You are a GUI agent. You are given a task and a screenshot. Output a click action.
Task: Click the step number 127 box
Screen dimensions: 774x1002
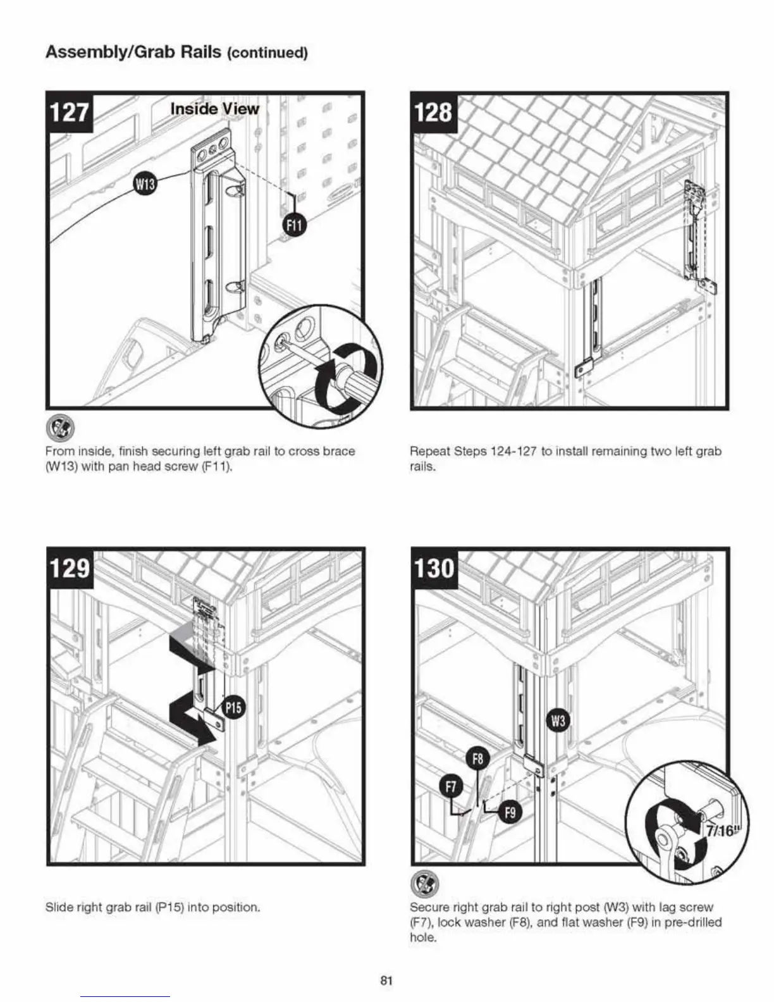tap(70, 112)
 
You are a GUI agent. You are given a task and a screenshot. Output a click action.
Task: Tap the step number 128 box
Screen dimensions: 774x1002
tap(434, 112)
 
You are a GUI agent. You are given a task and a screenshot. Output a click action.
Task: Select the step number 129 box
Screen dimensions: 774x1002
tap(71, 567)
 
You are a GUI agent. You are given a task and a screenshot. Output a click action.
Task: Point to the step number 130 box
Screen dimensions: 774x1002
tap(434, 567)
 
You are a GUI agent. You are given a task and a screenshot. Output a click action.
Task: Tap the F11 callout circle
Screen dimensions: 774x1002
tap(295, 224)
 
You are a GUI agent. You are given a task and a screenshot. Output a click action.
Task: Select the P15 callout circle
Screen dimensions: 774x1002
tap(233, 707)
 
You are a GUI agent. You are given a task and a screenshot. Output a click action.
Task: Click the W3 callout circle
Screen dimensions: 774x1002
tap(558, 721)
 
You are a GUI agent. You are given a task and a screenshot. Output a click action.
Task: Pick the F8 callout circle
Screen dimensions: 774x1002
tap(478, 759)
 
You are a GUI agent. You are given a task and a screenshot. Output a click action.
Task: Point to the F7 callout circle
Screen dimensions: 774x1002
tap(451, 788)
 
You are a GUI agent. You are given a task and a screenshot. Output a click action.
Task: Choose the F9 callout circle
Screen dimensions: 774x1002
tap(510, 811)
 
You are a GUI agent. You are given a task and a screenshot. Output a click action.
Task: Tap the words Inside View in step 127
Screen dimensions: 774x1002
tap(214, 109)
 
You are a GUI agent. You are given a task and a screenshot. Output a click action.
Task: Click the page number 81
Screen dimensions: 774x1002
tap(386, 981)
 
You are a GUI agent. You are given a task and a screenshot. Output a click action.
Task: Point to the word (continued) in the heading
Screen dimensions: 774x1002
tap(267, 53)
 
